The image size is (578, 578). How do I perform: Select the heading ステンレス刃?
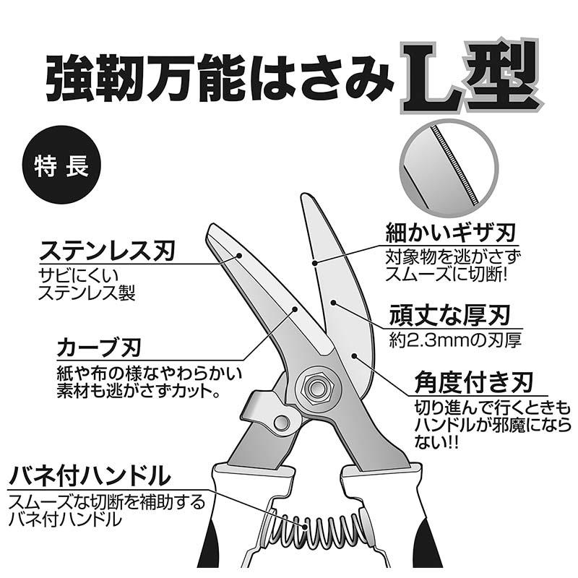[108, 253]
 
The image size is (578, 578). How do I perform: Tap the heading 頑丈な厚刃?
[449, 315]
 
